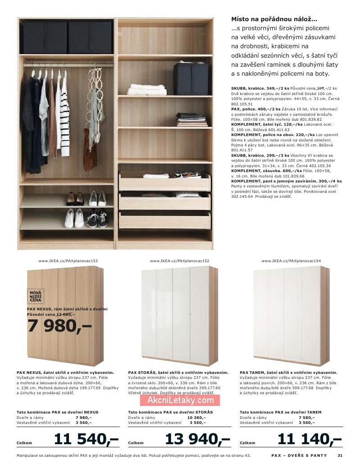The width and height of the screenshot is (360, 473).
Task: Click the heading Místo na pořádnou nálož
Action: point(274,19)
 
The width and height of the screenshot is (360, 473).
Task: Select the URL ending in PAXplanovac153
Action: point(68,261)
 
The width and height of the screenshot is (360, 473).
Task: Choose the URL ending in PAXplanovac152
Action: point(180,261)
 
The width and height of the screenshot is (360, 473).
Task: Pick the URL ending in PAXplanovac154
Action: point(291,261)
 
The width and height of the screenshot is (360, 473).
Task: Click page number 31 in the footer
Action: point(340,455)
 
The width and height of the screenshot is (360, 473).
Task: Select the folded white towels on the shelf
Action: point(140,90)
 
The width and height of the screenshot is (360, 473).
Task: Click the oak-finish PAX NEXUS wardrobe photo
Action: point(65,315)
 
